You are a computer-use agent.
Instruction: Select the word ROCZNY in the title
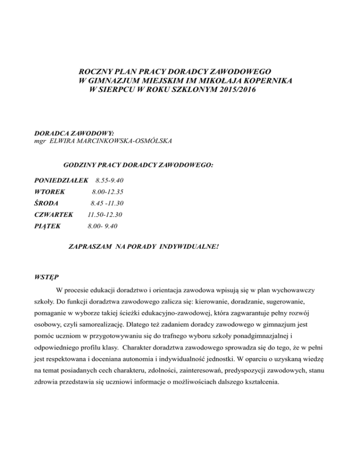click(x=95, y=72)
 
